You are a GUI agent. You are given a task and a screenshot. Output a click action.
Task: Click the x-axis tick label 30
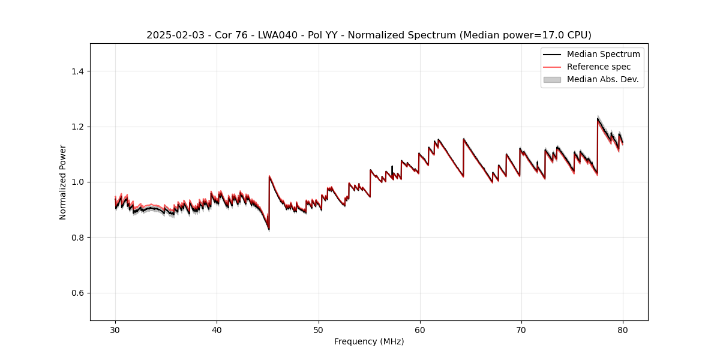115,329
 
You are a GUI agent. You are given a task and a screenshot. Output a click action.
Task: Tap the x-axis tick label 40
217,329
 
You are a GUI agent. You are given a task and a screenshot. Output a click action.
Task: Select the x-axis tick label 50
318,329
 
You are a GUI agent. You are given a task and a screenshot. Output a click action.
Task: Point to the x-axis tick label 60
420,329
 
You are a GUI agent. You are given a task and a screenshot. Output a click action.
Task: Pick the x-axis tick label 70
521,329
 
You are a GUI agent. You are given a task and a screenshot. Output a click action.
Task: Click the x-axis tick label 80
623,329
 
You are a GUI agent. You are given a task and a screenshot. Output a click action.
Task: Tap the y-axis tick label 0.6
77,293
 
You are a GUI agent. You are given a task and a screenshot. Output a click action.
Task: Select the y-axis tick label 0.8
77,238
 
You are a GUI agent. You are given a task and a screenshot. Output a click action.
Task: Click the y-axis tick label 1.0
77,182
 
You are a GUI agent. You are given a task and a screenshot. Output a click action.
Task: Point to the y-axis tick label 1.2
77,127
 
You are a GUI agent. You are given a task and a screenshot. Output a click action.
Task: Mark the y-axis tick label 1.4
77,71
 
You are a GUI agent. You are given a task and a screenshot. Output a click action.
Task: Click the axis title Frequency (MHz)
369,341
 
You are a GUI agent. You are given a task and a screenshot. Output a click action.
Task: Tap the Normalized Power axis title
63,182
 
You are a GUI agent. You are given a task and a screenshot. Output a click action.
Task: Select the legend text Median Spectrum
603,54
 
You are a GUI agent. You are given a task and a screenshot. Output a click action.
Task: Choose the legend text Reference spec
599,67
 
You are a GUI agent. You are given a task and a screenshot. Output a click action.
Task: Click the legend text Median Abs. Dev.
602,79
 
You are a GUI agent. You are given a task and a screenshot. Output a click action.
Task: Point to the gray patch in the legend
552,79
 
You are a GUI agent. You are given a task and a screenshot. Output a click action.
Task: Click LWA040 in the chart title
260,35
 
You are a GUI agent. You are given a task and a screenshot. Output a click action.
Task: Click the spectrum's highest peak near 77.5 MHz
598,119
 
